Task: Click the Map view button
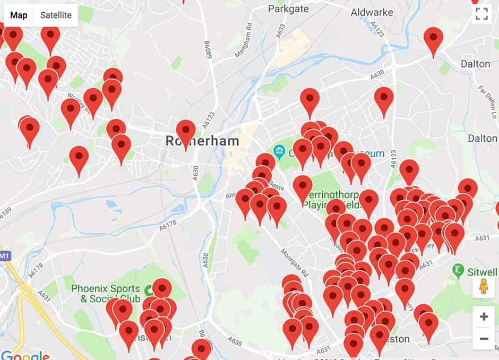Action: pyautogui.click(x=19, y=15)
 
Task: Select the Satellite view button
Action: pyautogui.click(x=56, y=15)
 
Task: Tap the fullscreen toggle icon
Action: pyautogui.click(x=481, y=14)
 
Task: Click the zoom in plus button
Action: pyautogui.click(x=484, y=317)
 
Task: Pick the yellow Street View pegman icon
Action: pyautogui.click(x=484, y=287)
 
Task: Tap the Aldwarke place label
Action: pyautogui.click(x=372, y=12)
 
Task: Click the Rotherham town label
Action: pyautogui.click(x=202, y=141)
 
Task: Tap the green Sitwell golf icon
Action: pyautogui.click(x=458, y=270)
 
